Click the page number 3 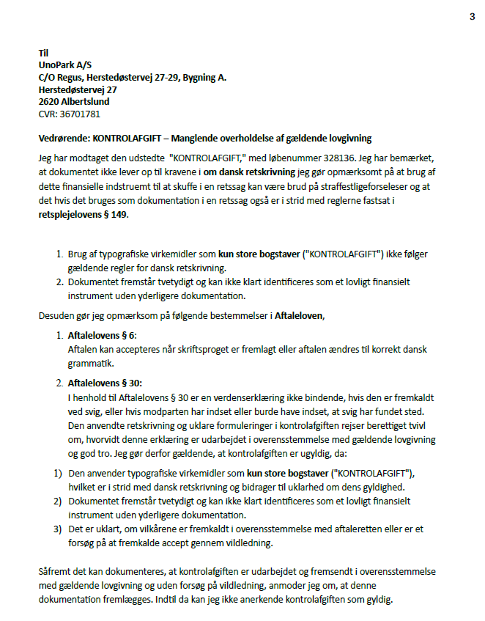pyautogui.click(x=472, y=18)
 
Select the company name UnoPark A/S pyautogui.click(x=65, y=65)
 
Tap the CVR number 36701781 pyautogui.click(x=80, y=114)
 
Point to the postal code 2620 pyautogui.click(x=48, y=102)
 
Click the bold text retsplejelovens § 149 pyautogui.click(x=81, y=217)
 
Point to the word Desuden pyautogui.click(x=55, y=315)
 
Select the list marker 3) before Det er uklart pyautogui.click(x=57, y=529)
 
